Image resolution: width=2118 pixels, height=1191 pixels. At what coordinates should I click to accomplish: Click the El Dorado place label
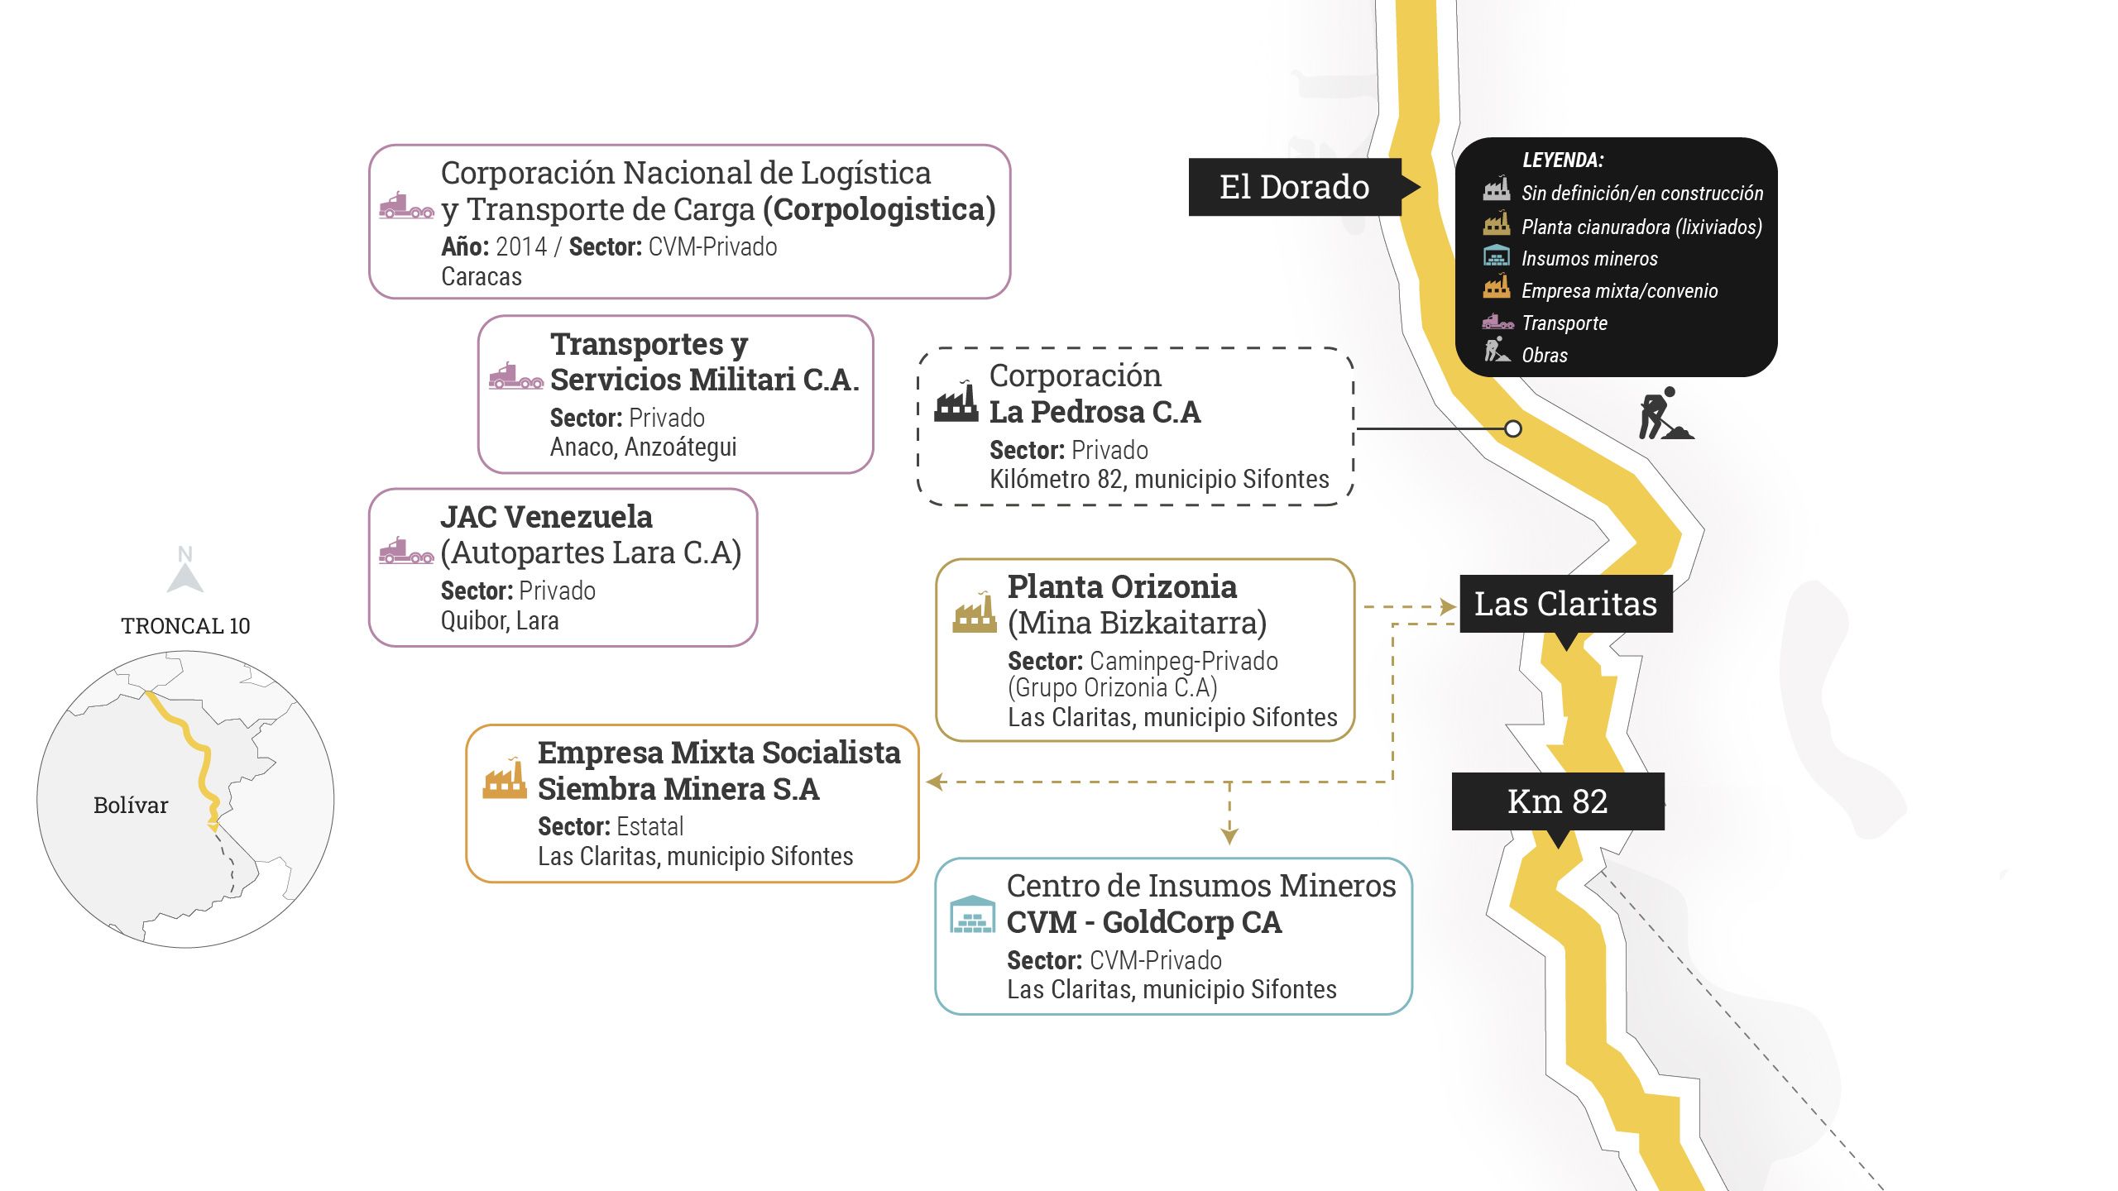click(1294, 187)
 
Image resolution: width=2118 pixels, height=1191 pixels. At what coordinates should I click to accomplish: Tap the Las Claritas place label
click(1565, 604)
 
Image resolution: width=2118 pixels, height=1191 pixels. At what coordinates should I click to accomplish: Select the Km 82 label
click(1557, 801)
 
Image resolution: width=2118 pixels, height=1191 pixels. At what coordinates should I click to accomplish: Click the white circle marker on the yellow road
click(1512, 428)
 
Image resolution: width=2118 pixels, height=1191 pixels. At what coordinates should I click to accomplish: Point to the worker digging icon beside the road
click(1664, 414)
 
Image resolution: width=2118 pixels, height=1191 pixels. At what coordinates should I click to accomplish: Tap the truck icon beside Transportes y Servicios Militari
click(515, 376)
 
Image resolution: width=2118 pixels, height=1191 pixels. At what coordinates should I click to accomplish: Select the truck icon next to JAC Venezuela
click(406, 551)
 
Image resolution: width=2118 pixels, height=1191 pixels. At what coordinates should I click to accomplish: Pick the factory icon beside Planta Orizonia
click(975, 613)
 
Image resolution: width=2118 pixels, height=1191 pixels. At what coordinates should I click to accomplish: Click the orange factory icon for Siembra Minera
click(505, 779)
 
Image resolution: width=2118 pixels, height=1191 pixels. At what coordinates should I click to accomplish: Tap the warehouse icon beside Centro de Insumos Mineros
click(972, 914)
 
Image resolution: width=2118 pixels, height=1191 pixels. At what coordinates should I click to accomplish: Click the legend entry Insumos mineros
click(1588, 259)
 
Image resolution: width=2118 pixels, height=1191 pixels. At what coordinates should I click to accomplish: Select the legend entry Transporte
click(1564, 323)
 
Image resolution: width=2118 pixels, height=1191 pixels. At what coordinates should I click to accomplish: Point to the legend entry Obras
click(1544, 356)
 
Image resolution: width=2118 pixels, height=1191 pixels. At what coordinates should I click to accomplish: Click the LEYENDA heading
click(1562, 160)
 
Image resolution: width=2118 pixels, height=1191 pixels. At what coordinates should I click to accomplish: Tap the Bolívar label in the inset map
click(131, 806)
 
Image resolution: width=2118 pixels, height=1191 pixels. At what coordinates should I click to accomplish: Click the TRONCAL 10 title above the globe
click(185, 626)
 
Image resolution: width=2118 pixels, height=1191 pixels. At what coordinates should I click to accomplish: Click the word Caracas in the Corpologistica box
click(481, 277)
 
